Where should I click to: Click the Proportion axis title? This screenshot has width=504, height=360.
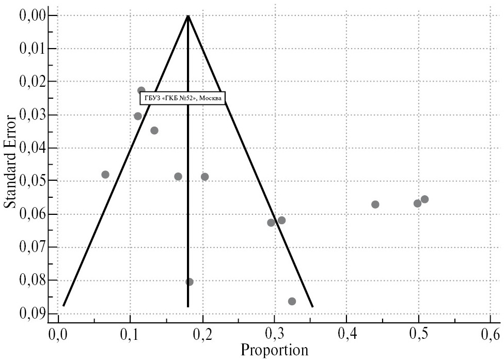pos(274,350)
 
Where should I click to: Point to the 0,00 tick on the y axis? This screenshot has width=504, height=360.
pos(31,15)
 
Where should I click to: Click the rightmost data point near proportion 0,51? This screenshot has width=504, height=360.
pos(424,199)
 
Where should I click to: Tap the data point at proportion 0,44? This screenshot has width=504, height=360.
pos(375,205)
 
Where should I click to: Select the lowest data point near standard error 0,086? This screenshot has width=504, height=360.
pos(292,301)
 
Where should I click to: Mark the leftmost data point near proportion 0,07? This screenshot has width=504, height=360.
pos(105,175)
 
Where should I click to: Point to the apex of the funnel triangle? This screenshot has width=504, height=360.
pos(188,16)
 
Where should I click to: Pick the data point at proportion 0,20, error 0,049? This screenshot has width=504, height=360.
pos(204,177)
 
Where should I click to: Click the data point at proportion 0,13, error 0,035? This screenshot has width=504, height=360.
pos(154,130)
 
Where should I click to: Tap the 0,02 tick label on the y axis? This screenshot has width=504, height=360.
pos(31,82)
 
